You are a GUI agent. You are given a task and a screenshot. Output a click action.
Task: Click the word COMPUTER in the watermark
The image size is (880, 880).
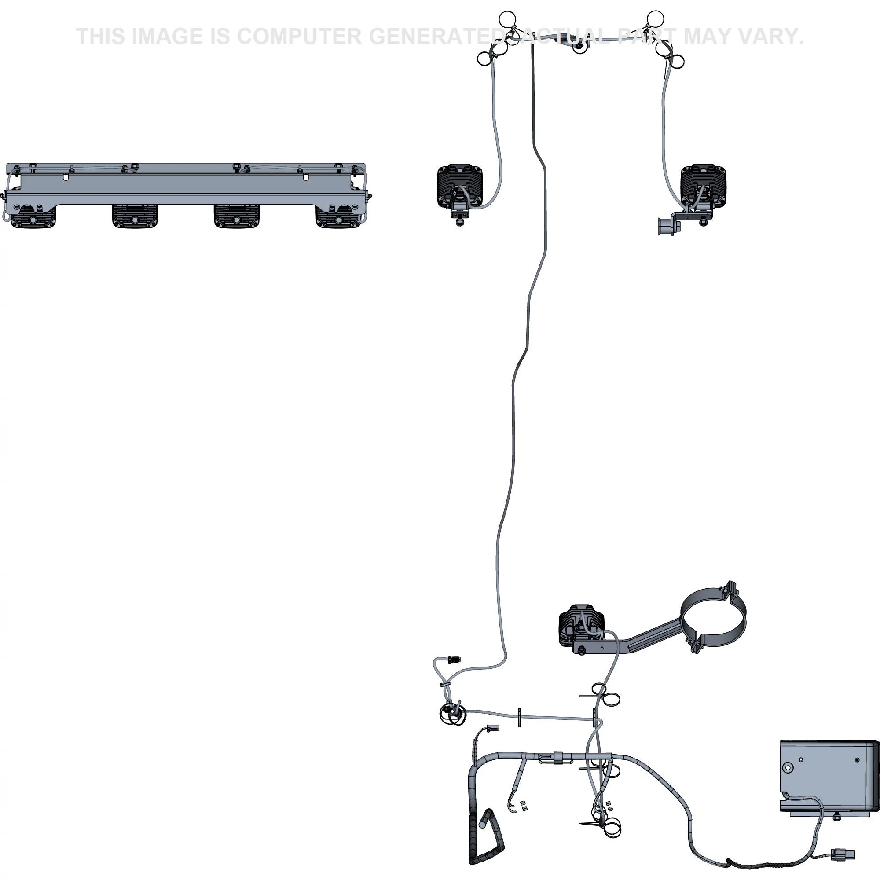tap(299, 37)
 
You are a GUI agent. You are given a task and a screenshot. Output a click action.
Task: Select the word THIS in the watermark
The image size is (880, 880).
tap(101, 37)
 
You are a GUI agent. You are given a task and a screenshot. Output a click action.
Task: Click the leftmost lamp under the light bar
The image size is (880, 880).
tap(33, 216)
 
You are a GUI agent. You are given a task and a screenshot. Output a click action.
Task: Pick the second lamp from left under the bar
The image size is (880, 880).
tap(135, 216)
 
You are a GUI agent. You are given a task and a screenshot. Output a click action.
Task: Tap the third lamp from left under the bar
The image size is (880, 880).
tap(236, 216)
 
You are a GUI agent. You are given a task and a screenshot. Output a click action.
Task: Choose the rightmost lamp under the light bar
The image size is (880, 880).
tap(338, 216)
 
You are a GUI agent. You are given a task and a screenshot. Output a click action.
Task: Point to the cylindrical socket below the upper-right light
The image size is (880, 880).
tap(666, 226)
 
